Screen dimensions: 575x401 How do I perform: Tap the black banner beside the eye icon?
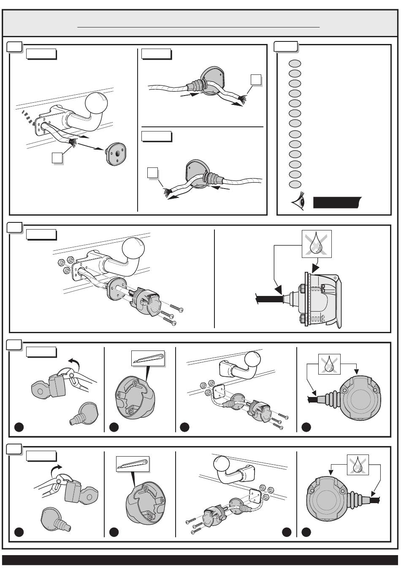tap(337, 203)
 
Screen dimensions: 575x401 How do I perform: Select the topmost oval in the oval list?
tap(295, 63)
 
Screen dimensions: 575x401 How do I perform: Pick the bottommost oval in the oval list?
tap(295, 184)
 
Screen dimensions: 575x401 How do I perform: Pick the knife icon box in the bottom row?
tap(133, 464)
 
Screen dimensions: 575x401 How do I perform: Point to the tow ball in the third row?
tap(252, 359)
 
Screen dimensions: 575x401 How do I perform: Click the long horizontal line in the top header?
tap(198, 27)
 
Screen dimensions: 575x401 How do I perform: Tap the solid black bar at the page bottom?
tap(200, 560)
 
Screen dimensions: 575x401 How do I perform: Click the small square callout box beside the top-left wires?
tap(57, 157)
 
